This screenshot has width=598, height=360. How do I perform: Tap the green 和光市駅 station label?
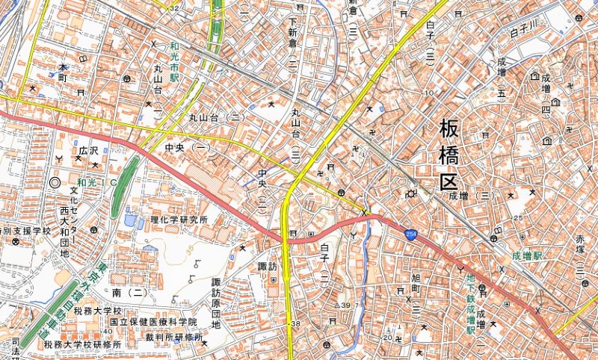pos(174,60)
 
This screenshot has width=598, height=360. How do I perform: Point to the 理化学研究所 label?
pos(179,220)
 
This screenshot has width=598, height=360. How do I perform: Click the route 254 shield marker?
pos(412,234)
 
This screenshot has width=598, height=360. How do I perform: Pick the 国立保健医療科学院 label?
pos(152,321)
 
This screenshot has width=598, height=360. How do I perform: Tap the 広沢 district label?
pos(88,151)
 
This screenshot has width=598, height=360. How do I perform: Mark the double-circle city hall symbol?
pos(54,181)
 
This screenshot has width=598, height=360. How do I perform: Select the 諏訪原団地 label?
pos(216,302)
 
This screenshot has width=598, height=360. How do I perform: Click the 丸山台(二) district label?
pos(217,117)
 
